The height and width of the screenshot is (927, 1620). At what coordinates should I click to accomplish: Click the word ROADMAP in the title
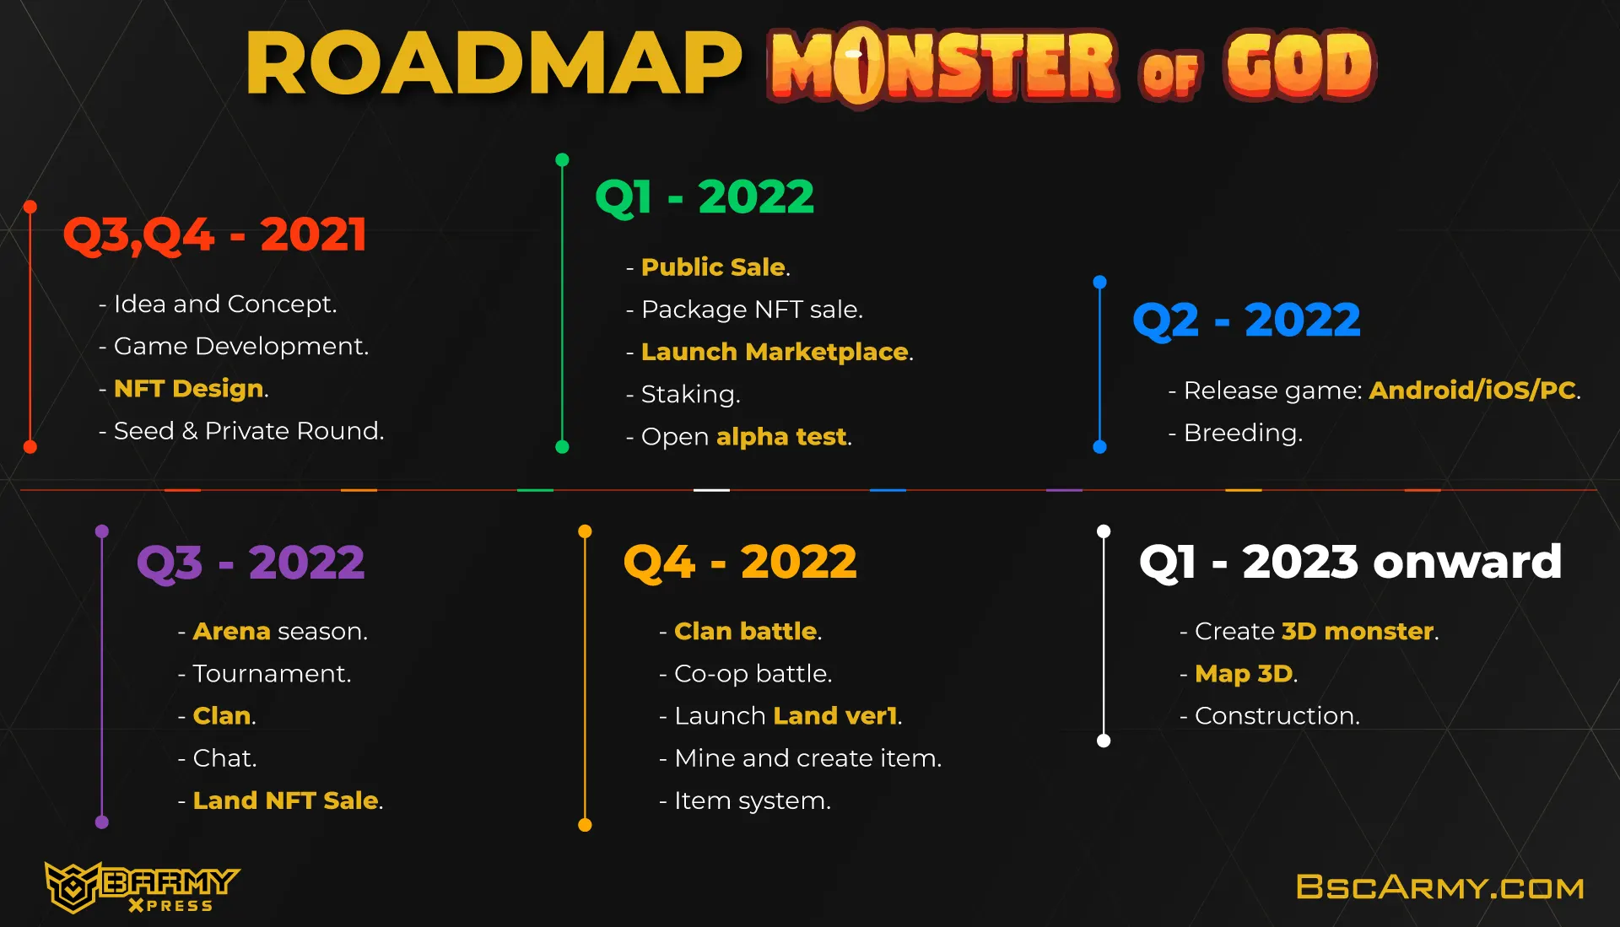click(x=494, y=64)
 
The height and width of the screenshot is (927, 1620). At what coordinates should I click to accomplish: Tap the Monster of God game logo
click(x=1072, y=66)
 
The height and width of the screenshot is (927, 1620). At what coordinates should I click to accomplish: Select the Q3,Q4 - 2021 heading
click(x=215, y=234)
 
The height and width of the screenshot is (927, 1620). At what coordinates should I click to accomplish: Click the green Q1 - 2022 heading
click(x=705, y=197)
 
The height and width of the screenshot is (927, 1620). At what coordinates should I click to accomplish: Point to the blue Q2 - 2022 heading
click(x=1246, y=321)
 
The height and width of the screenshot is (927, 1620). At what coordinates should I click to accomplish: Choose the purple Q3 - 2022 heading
click(x=251, y=563)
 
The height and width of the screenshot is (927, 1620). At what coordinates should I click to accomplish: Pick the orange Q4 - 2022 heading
click(x=740, y=563)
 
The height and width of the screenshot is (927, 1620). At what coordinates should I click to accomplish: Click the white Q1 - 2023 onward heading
click(x=1350, y=562)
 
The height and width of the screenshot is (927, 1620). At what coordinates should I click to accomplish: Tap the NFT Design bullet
click(x=184, y=388)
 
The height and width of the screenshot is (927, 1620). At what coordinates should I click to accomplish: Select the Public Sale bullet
click(x=708, y=267)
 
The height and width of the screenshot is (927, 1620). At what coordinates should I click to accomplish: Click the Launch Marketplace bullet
click(x=769, y=351)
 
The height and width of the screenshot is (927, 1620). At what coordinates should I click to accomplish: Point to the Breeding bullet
click(x=1235, y=433)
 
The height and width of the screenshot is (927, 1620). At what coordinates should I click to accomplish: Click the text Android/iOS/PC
click(x=1472, y=390)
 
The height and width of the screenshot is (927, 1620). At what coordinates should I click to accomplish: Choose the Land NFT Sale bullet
click(x=280, y=800)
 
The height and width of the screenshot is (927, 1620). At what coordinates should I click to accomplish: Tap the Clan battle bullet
click(x=740, y=631)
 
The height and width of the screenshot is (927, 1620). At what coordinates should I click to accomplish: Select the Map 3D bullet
click(x=1238, y=673)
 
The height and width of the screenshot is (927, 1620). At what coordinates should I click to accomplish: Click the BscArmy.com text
click(x=1439, y=887)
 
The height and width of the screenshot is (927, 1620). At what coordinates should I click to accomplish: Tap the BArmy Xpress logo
click(x=142, y=887)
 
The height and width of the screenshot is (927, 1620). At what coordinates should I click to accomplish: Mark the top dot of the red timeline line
click(x=30, y=207)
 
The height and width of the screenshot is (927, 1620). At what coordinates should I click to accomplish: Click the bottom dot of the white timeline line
click(x=1104, y=741)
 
